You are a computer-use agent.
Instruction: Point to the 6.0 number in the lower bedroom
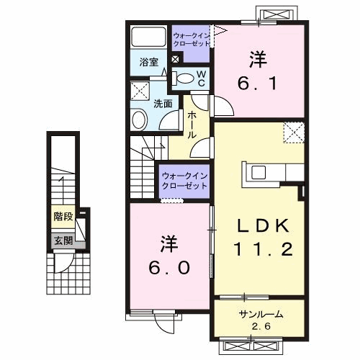171,266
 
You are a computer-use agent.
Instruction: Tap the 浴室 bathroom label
149,63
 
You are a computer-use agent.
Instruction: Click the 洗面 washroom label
163,104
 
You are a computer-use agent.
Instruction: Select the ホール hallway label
193,125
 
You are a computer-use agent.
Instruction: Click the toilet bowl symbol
186,78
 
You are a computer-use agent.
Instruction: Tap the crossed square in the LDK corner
292,132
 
